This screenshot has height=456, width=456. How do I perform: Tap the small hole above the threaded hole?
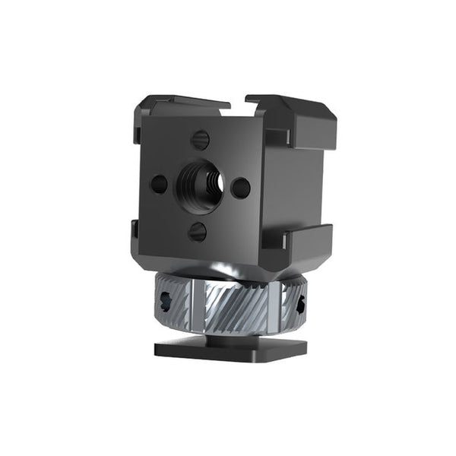(200, 140)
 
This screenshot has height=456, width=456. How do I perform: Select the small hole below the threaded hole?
(197, 231)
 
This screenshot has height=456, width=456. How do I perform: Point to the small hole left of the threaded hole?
(160, 184)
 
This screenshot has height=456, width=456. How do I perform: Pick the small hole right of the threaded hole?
(240, 187)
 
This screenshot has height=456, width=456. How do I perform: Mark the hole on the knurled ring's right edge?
(301, 305)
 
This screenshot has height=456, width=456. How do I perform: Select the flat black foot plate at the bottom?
(231, 349)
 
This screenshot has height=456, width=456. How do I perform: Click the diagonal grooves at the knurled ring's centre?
(236, 304)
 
